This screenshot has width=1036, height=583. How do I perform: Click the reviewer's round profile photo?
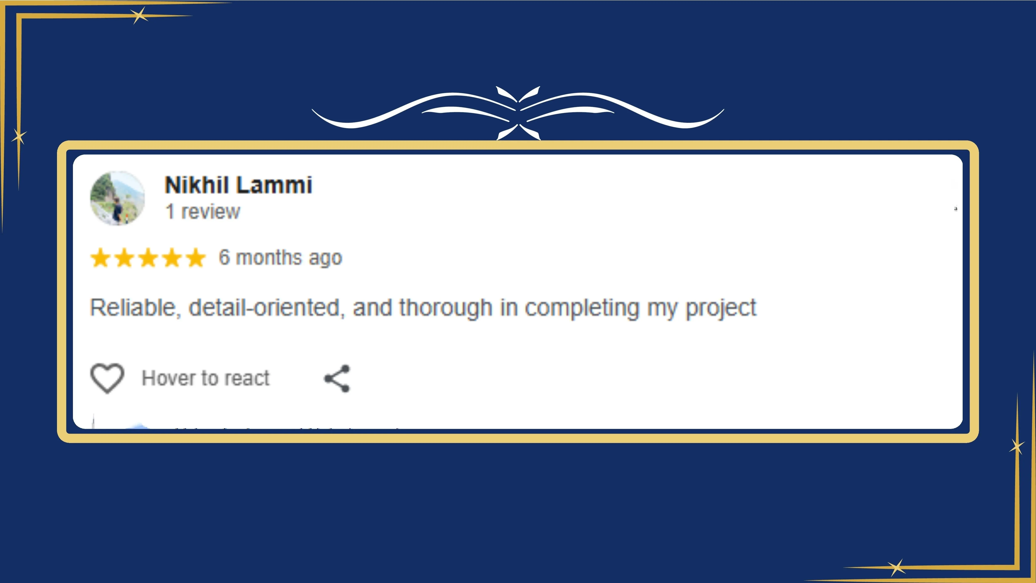tap(117, 198)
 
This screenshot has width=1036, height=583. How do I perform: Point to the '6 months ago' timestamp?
tap(280, 257)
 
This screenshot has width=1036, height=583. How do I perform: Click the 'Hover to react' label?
tap(206, 378)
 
